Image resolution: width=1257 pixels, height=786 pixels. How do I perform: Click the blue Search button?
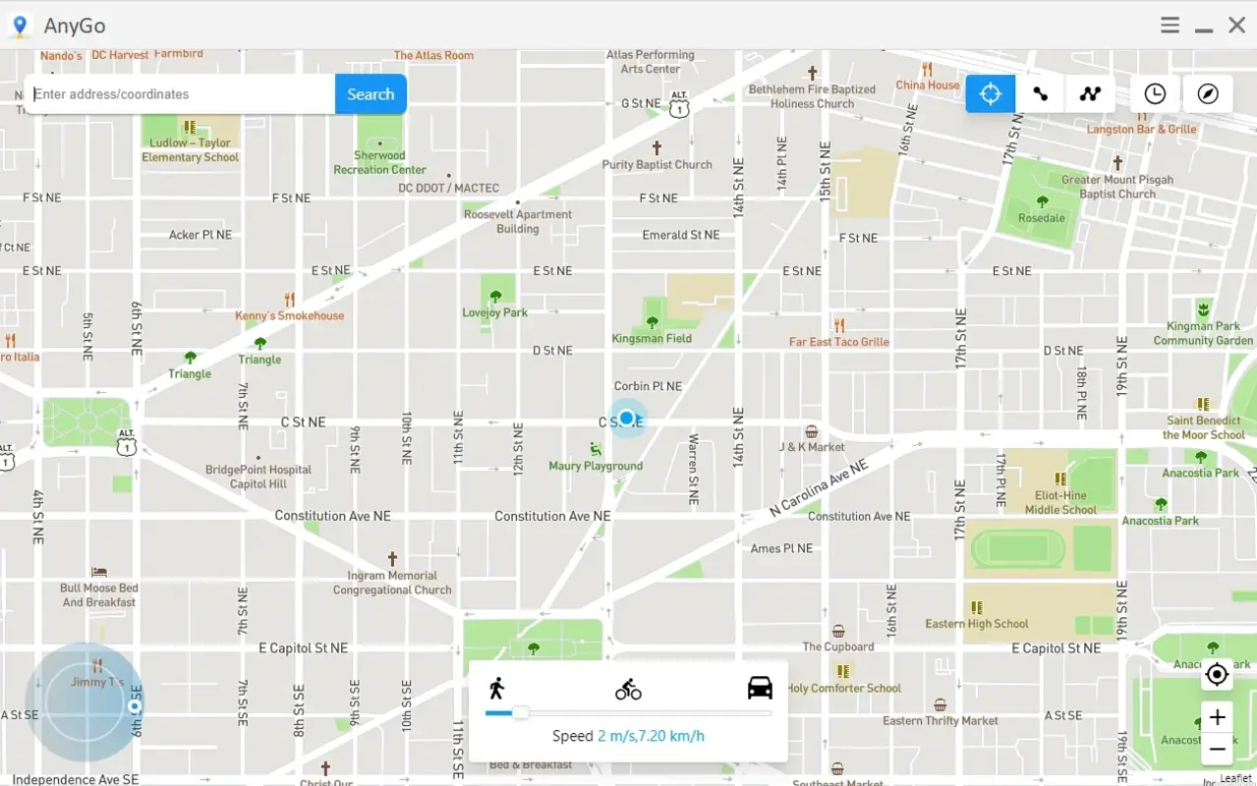click(x=371, y=94)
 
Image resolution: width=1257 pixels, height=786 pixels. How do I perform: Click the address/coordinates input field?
click(x=182, y=94)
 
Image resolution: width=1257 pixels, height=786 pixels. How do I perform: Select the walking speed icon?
click(x=497, y=688)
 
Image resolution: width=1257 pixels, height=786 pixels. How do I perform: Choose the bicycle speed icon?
click(x=628, y=690)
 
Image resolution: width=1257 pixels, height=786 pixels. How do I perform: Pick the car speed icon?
click(x=760, y=688)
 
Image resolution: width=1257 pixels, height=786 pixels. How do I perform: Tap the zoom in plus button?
click(x=1217, y=717)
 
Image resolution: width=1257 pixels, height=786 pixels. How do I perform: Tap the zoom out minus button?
click(x=1217, y=749)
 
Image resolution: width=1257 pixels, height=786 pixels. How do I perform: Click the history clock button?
click(x=1155, y=93)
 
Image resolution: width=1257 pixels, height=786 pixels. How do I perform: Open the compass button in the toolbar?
click(x=1208, y=93)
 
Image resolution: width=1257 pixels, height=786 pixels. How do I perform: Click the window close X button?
click(x=1236, y=26)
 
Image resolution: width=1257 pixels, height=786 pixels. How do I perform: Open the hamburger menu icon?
click(x=1170, y=26)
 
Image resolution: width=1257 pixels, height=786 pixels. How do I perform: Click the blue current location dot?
click(x=626, y=419)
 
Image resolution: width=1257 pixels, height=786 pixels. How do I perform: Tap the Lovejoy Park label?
click(x=495, y=312)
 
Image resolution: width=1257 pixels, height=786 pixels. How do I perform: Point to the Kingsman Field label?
click(x=652, y=338)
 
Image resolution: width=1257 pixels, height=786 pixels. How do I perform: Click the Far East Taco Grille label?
click(x=839, y=342)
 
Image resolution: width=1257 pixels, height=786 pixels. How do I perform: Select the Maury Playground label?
click(x=596, y=466)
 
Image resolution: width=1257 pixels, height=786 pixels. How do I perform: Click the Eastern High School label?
click(x=977, y=623)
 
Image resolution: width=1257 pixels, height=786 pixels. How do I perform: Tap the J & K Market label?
click(x=812, y=447)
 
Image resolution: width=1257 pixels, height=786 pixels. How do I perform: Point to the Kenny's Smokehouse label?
click(x=290, y=315)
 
